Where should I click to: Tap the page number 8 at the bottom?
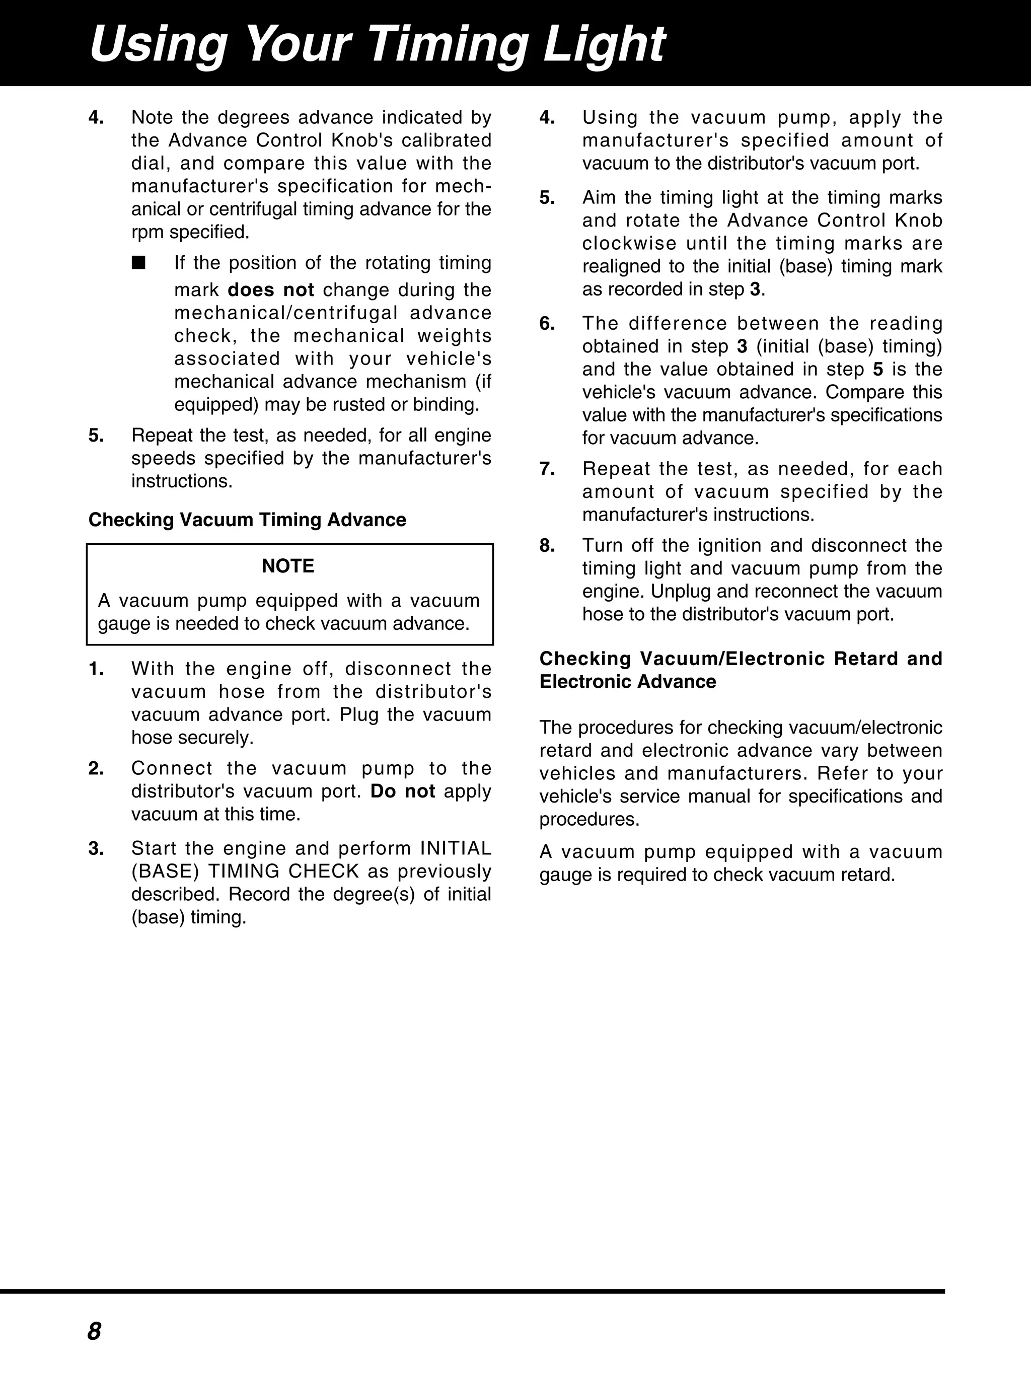tap(95, 1331)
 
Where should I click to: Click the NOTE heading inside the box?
tap(288, 566)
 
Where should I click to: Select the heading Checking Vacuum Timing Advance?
tap(247, 520)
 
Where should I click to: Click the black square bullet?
tap(138, 262)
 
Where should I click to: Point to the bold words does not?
tap(271, 291)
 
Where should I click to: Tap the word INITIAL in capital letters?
tap(456, 848)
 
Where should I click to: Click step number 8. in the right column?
tap(547, 546)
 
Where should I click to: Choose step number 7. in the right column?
tap(547, 469)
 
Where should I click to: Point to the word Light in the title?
tap(604, 45)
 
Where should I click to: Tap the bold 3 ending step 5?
tap(755, 290)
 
